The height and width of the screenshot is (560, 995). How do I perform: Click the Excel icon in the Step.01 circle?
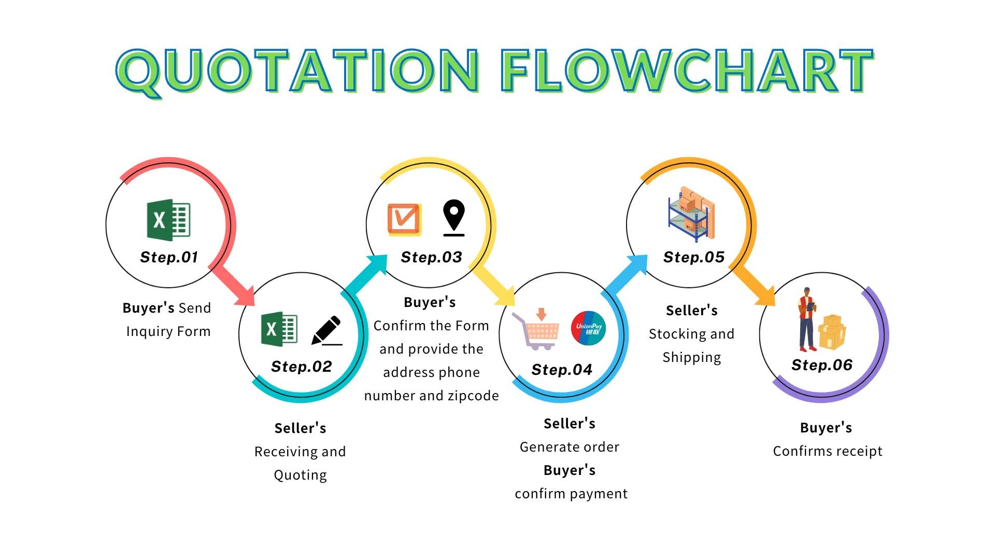169,220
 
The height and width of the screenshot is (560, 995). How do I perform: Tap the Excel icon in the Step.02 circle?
279,329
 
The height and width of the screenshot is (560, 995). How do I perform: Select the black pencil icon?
327,330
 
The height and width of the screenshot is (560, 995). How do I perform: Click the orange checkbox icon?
404,219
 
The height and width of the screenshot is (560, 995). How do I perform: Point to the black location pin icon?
454,218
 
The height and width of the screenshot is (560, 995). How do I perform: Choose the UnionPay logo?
588,328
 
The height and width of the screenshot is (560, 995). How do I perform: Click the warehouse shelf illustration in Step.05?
692,214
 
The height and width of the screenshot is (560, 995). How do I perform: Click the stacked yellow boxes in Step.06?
832,332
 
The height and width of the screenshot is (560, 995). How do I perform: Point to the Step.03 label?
431,257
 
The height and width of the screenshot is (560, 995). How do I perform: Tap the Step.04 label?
562,370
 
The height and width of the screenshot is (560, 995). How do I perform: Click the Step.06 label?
822,365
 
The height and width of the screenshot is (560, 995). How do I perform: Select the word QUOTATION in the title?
298,72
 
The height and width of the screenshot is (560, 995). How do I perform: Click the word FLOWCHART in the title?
687,71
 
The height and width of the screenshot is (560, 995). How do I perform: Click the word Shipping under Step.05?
692,358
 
